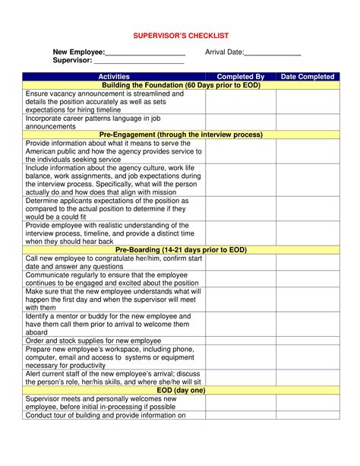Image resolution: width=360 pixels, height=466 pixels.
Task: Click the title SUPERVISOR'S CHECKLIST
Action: point(180,36)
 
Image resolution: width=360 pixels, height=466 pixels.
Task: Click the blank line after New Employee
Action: point(145,53)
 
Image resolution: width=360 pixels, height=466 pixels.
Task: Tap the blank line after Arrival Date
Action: point(273,53)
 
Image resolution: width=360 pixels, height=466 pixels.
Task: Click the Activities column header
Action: point(114,77)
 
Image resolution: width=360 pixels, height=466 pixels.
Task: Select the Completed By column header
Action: point(240,77)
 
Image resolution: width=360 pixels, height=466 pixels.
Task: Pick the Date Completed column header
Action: point(307,77)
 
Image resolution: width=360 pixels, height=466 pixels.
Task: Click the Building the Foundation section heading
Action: point(181,85)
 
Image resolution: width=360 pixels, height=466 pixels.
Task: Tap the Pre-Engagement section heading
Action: point(181,135)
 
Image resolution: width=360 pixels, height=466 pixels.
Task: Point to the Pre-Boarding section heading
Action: point(181,249)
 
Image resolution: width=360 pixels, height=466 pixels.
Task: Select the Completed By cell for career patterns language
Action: point(240,122)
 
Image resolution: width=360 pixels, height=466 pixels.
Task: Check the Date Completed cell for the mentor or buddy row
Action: point(307,324)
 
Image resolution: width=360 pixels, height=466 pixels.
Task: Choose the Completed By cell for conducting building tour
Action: point(240,415)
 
